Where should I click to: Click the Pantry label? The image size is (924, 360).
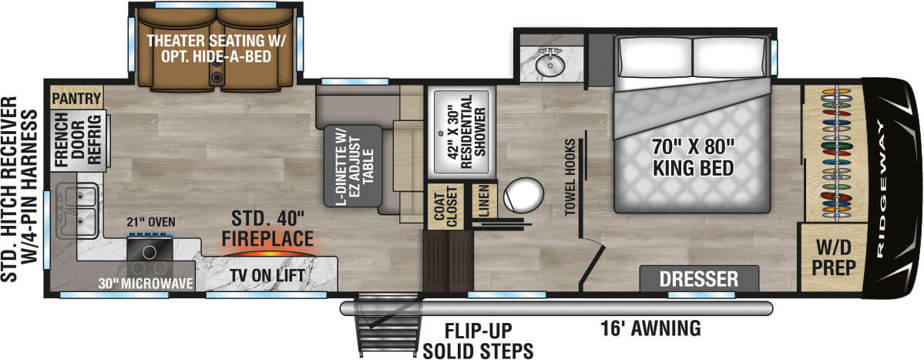pos(76,96)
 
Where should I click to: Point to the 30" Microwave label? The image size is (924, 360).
pos(146,284)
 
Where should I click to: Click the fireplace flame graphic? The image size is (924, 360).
pos(264,254)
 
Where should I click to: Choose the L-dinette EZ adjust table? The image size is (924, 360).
pos(353,165)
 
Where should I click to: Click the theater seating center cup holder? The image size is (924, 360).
pos(217,76)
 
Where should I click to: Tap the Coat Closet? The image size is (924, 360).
pos(446,207)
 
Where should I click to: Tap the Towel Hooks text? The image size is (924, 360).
pos(570,177)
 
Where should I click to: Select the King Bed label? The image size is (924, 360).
pos(692,156)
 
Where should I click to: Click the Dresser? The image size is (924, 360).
pos(699,279)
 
